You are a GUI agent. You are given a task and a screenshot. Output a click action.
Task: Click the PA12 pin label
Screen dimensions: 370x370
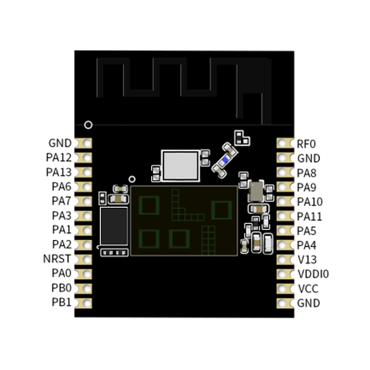pos(59,158)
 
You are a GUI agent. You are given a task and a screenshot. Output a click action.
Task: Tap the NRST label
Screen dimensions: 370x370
pos(57,259)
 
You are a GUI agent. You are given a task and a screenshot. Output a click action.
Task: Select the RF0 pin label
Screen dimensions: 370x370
pos(306,144)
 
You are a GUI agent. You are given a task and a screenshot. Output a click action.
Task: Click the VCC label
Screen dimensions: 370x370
pos(308,289)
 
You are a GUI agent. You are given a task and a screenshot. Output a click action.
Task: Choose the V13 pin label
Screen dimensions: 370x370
pos(306,260)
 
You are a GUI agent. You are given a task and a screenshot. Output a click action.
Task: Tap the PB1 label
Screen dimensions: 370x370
pos(62,303)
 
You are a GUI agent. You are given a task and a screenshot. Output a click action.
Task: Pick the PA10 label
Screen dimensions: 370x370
pos(310,202)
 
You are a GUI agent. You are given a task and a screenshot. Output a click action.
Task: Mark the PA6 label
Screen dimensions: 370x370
pos(62,187)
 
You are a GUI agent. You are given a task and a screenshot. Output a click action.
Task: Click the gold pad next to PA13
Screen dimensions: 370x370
pos(86,172)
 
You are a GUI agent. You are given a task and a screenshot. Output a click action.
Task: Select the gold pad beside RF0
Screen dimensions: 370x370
pos(284,144)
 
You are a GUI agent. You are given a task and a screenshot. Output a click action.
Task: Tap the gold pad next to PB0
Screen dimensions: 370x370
pos(86,288)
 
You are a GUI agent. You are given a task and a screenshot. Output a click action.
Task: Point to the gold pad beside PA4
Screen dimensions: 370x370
pos(284,245)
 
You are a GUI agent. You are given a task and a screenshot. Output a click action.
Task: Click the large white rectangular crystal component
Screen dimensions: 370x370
pos(181,165)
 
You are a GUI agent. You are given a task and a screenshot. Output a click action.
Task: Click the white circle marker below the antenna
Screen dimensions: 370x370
pos(88,125)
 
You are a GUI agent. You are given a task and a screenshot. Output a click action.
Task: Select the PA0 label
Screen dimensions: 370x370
pos(62,273)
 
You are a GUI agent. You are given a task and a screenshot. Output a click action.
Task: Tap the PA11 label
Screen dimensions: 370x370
pos(310,216)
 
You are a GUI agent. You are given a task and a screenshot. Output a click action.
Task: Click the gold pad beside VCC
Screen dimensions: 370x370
pos(284,289)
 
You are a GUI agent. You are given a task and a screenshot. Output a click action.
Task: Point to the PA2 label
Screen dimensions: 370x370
pos(62,245)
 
